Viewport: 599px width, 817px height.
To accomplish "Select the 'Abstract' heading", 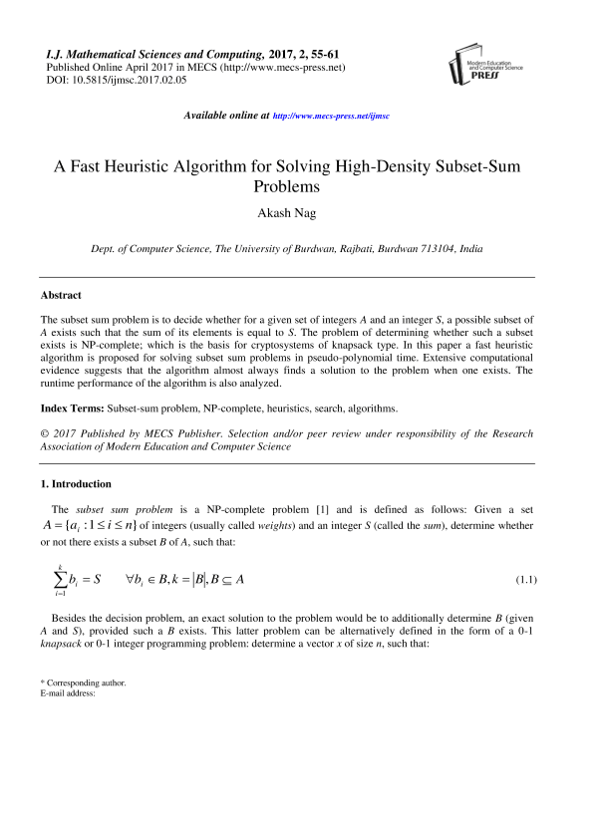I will pyautogui.click(x=61, y=295).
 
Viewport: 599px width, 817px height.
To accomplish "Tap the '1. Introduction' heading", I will pyautogui.click(x=76, y=483).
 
